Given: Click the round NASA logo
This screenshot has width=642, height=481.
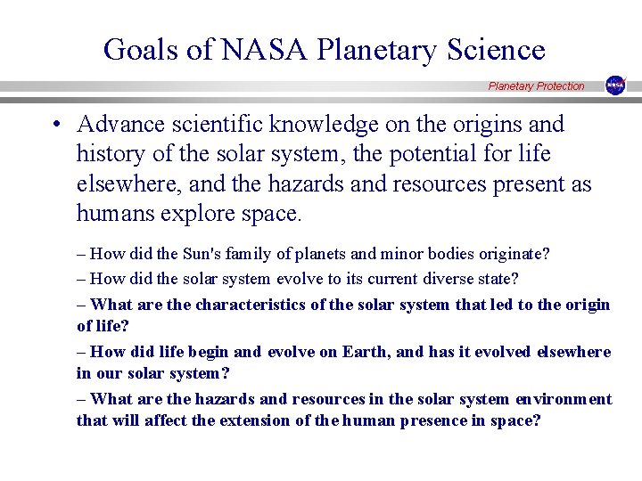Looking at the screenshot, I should point(615,86).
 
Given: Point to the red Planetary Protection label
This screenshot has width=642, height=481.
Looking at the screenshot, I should point(536,86).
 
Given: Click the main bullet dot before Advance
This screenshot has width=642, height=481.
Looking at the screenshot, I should point(56,125).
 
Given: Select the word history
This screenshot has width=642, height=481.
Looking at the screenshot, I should point(111,154).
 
